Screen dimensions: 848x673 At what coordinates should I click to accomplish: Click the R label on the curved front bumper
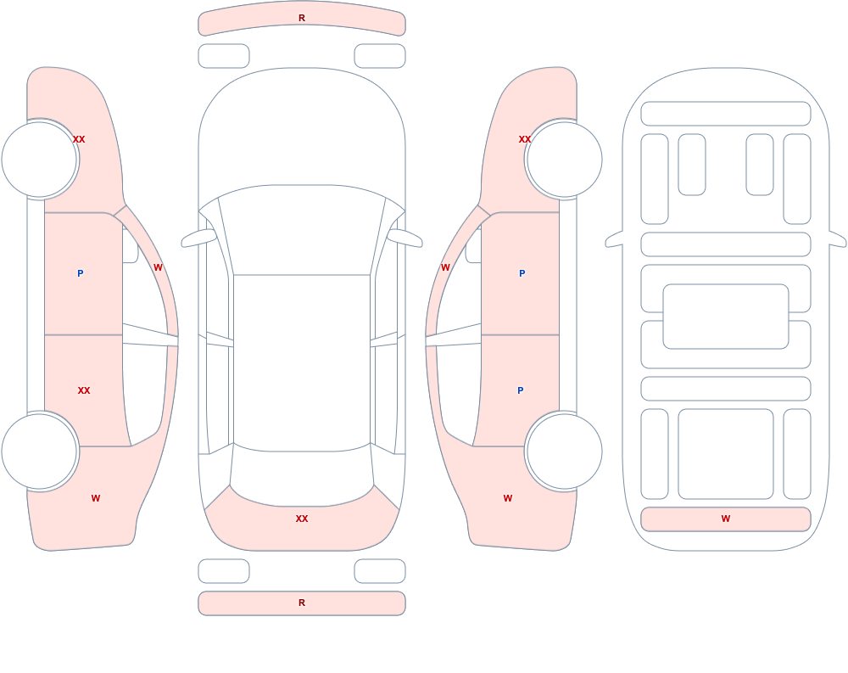click(x=302, y=18)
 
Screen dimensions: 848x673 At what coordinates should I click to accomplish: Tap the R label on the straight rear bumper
click(x=302, y=603)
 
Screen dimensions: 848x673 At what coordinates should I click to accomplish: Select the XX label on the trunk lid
click(x=302, y=519)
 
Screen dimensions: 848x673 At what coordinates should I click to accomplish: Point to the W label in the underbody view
click(x=726, y=519)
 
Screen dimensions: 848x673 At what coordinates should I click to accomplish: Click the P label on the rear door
click(x=521, y=390)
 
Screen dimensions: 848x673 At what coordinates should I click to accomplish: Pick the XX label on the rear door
click(x=84, y=390)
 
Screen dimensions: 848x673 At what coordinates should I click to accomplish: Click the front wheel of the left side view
click(x=40, y=160)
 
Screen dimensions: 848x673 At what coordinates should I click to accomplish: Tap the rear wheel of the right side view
click(x=564, y=451)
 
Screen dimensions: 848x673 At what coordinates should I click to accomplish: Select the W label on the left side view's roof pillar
click(x=158, y=267)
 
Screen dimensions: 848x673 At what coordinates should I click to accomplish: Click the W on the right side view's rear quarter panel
click(x=508, y=498)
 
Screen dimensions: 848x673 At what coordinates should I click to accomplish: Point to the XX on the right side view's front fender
click(x=525, y=139)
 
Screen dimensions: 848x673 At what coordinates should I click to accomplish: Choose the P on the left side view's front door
click(x=80, y=273)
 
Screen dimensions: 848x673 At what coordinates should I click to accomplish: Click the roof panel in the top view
click(x=302, y=362)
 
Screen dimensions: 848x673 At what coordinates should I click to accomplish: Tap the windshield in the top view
click(x=302, y=230)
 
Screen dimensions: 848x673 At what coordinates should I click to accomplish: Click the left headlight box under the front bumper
click(x=224, y=56)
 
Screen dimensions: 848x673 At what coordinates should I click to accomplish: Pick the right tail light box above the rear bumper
click(x=380, y=571)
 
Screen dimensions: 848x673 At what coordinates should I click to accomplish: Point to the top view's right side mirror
click(x=404, y=238)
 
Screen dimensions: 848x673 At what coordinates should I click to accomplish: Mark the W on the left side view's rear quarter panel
click(x=96, y=498)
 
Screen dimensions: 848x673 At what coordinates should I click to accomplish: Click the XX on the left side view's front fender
click(x=79, y=139)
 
